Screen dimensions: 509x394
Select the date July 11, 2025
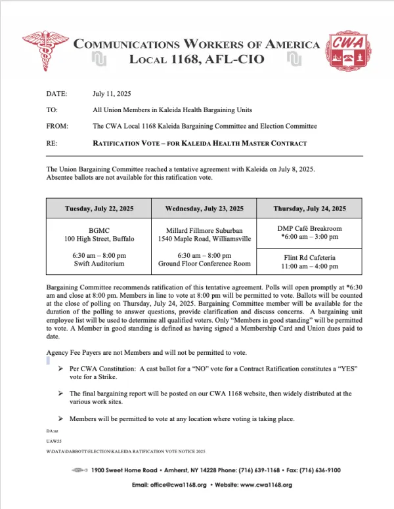pyautogui.click(x=112, y=94)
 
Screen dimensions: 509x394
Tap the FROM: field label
pyautogui.click(x=58, y=126)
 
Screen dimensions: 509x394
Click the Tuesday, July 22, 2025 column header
pyautogui.click(x=98, y=209)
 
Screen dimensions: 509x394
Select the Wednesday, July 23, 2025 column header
pyautogui.click(x=204, y=209)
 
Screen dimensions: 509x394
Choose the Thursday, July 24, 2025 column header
pyautogui.click(x=309, y=209)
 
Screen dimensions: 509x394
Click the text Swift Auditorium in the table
pyautogui.click(x=98, y=263)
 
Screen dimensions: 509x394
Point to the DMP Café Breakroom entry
pyautogui.click(x=309, y=228)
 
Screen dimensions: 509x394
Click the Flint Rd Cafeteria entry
pyautogui.click(x=309, y=258)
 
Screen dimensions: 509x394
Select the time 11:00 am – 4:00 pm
pyautogui.click(x=309, y=267)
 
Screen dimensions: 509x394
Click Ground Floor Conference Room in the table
pyautogui.click(x=204, y=263)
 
